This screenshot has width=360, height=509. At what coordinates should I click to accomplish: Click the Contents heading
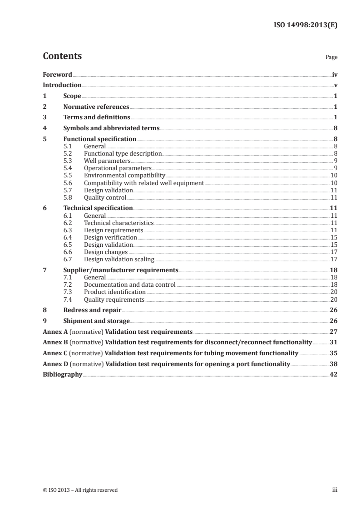[x=62, y=56]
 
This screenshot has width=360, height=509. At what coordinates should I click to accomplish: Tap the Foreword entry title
[x=57, y=74]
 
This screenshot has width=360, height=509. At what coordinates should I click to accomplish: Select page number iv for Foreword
[x=335, y=74]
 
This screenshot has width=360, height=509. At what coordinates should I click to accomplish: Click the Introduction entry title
[x=62, y=85]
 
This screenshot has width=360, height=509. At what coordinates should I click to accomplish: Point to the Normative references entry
[x=96, y=107]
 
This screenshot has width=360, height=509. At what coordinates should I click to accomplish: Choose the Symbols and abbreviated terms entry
[x=111, y=128]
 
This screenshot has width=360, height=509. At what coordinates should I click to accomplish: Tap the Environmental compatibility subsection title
[x=124, y=175]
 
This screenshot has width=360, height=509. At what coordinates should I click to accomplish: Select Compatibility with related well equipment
[x=144, y=182]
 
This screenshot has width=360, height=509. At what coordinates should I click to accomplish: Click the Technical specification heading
[x=98, y=208]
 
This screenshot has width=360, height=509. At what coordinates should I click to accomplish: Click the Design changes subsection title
[x=106, y=252]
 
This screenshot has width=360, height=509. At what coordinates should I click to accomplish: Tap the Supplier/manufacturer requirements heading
[x=121, y=270]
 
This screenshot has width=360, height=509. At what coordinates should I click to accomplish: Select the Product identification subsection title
[x=115, y=292]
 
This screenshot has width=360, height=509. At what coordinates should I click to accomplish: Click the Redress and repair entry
[x=92, y=310]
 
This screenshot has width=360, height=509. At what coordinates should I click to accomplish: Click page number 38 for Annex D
[x=334, y=364]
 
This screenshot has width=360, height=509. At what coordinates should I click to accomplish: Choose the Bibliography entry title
[x=62, y=375]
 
